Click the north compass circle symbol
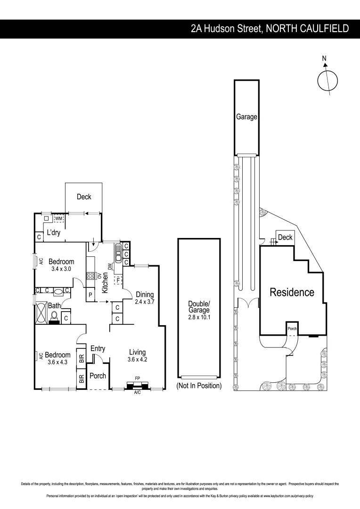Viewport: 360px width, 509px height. click(x=327, y=80)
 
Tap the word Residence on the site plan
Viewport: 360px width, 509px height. click(x=292, y=292)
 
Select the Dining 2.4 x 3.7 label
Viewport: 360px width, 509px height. click(x=145, y=298)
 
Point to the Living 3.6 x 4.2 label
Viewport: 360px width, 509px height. click(x=137, y=355)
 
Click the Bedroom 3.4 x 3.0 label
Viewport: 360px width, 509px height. click(x=61, y=265)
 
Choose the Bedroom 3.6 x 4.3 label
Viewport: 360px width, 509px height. click(x=57, y=359)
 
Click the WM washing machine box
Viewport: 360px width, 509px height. click(x=59, y=219)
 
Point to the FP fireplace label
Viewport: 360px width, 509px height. click(x=137, y=378)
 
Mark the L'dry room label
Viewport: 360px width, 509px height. click(x=53, y=232)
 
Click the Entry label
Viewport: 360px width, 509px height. click(x=98, y=349)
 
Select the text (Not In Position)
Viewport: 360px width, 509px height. click(x=198, y=386)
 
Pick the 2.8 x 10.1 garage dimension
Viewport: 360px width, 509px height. click(x=198, y=318)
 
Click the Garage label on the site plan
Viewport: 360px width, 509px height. click(x=246, y=117)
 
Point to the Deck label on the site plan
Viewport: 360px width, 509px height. click(x=285, y=238)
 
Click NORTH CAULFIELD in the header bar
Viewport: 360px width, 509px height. click(x=307, y=29)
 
